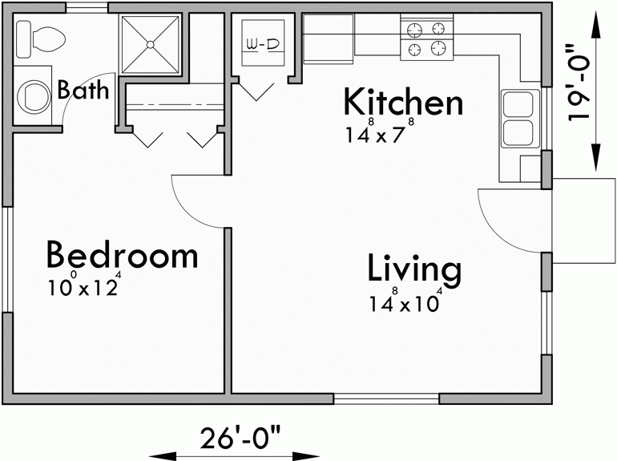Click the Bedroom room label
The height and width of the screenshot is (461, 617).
122,255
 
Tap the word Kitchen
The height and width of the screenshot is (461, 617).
403,103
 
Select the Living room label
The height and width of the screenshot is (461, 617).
414,269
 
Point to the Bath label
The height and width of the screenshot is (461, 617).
83,90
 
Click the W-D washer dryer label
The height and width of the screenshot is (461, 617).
261,45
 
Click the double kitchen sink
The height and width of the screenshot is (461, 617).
518,117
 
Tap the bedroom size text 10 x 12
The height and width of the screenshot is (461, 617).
83,285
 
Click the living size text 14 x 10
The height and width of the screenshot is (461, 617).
405,303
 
